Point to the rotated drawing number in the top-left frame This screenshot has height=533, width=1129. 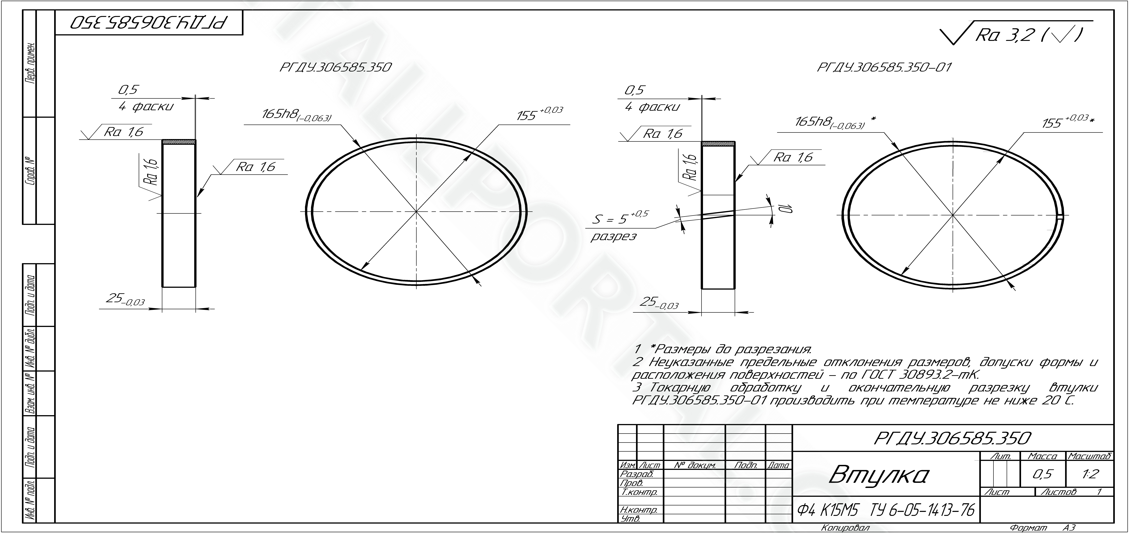pyautogui.click(x=149, y=23)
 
